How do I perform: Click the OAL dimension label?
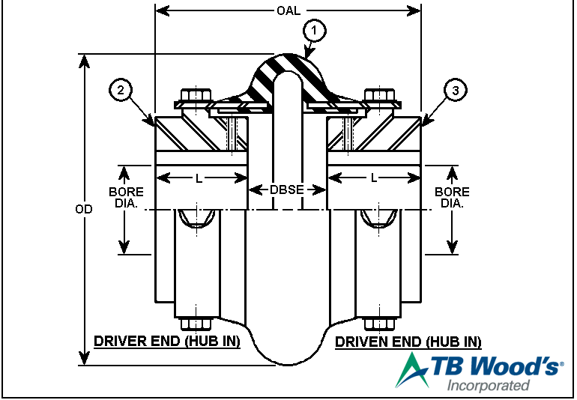(288, 10)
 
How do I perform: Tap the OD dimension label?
(84, 209)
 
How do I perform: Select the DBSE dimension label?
(287, 190)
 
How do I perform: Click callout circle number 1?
(315, 31)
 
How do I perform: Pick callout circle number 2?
(122, 90)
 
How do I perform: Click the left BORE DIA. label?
(124, 197)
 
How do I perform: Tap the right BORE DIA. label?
(452, 197)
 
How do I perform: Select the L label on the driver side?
(199, 178)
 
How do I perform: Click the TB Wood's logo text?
(495, 367)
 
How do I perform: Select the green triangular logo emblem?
(411, 371)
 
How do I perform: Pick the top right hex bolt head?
(380, 97)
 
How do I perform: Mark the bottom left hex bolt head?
(195, 324)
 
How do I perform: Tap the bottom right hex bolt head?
(380, 324)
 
